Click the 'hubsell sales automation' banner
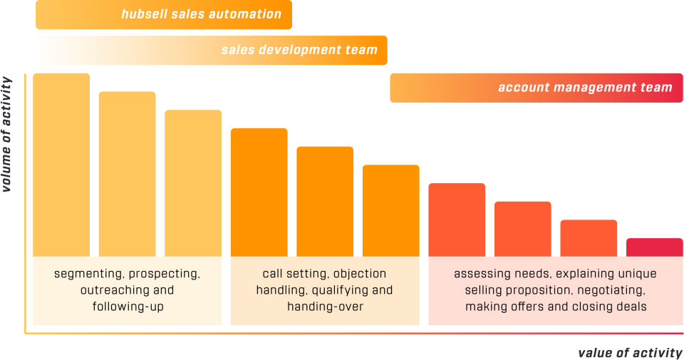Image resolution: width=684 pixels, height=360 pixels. click(163, 15)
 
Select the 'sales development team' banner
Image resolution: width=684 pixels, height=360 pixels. click(210, 51)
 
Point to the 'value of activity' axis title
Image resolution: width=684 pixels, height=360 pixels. click(631, 352)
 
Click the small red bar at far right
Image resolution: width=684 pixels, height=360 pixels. click(654, 247)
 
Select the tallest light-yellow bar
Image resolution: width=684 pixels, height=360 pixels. click(61, 164)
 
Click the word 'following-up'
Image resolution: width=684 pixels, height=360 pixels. click(127, 307)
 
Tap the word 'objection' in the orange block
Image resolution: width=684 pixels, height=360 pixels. click(360, 274)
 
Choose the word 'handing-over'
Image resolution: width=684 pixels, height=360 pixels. click(324, 307)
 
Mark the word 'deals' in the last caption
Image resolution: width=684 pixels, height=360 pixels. click(632, 307)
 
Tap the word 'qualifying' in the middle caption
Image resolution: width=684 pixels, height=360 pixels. click(346, 290)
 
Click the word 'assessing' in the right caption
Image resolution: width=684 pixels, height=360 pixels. click(480, 274)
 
